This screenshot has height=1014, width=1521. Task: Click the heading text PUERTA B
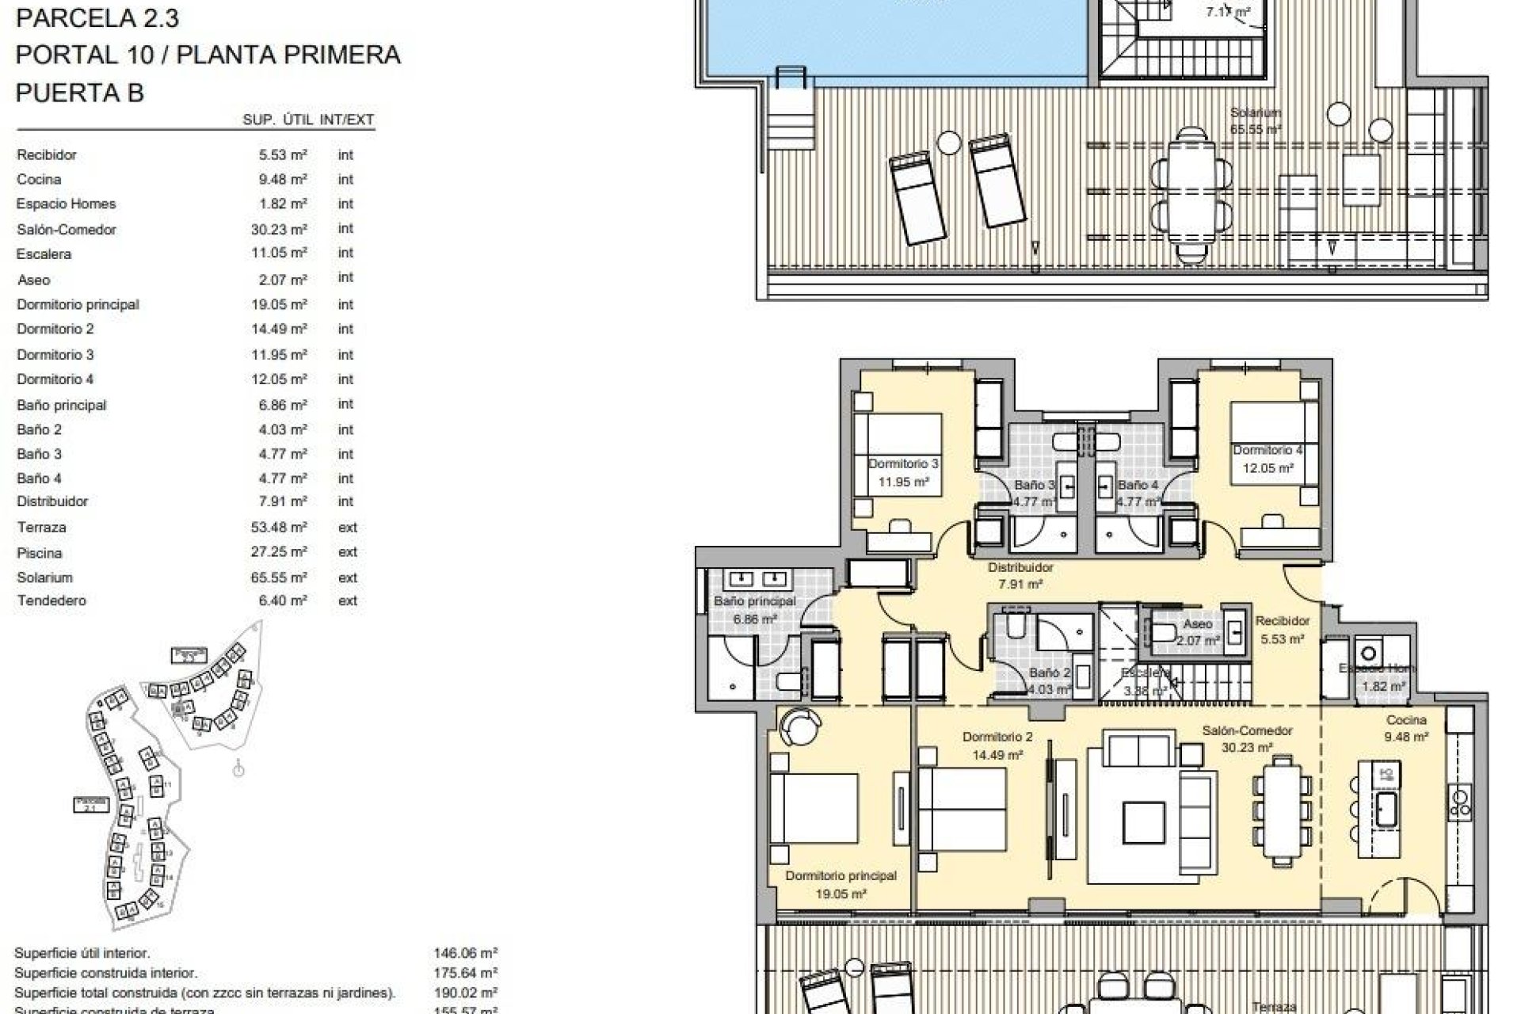pyautogui.click(x=80, y=93)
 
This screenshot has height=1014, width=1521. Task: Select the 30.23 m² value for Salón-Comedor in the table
pyautogui.click(x=279, y=229)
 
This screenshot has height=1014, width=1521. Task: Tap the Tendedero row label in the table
pyautogui.click(x=51, y=601)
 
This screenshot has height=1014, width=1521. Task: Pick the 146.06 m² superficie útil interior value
pyautogui.click(x=465, y=954)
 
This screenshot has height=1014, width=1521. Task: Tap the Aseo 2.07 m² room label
pyautogui.click(x=1197, y=632)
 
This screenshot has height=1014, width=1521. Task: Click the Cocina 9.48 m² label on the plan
pyautogui.click(x=1406, y=728)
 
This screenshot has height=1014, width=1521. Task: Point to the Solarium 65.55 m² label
pyautogui.click(x=1256, y=120)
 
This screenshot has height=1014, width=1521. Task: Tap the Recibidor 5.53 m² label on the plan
pyautogui.click(x=1282, y=630)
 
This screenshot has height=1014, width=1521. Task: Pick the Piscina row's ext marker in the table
pyautogui.click(x=348, y=552)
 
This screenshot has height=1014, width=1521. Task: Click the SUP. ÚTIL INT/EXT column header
pyautogui.click(x=308, y=120)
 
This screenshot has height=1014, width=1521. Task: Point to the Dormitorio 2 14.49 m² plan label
pyautogui.click(x=997, y=745)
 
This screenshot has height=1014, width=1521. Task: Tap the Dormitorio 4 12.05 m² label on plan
pyautogui.click(x=1267, y=459)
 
